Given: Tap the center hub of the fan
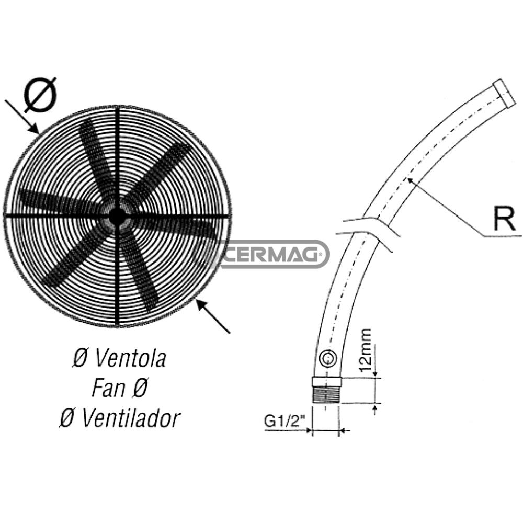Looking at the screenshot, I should pyautogui.click(x=117, y=215).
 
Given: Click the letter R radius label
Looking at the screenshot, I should pyautogui.click(x=504, y=220).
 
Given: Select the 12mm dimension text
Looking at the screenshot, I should pyautogui.click(x=366, y=350).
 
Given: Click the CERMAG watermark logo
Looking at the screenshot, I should pyautogui.click(x=261, y=255).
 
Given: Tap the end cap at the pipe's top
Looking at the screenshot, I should pyautogui.click(x=504, y=93).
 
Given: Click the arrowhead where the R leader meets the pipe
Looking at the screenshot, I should pyautogui.click(x=410, y=180).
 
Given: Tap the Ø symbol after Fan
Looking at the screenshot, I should pyautogui.click(x=140, y=389).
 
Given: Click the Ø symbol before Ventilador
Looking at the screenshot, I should pyautogui.click(x=66, y=418).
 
